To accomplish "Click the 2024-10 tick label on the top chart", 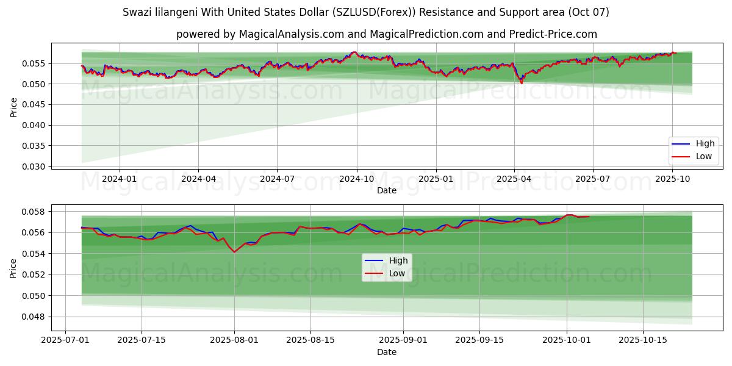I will tap(357, 179).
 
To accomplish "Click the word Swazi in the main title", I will tap(137, 12).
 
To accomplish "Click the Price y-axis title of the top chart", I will tap(13, 106).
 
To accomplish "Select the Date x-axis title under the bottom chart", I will tap(387, 352).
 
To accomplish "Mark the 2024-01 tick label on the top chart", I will tap(119, 179).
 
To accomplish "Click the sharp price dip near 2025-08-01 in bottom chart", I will tap(234, 252).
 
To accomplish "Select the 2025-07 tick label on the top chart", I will tap(593, 179).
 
